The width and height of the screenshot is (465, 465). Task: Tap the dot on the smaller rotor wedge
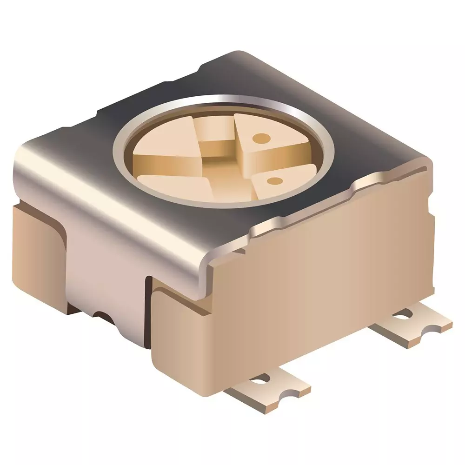pyautogui.click(x=274, y=180)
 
